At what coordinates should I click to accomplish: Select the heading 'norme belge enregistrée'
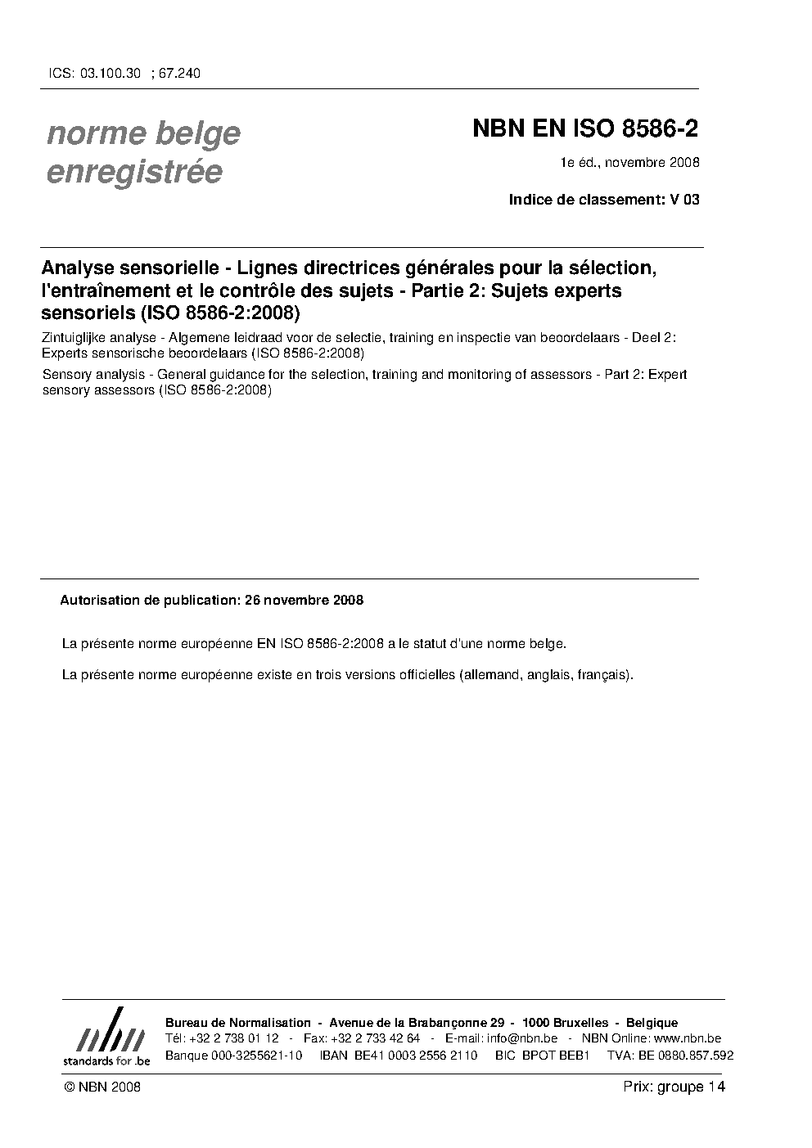(x=143, y=152)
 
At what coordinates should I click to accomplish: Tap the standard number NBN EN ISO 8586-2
(x=585, y=129)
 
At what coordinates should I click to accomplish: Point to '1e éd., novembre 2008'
(x=629, y=162)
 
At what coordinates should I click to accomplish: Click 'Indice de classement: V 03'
(x=604, y=199)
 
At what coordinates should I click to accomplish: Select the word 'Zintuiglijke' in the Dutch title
(x=76, y=340)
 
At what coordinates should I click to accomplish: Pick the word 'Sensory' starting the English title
(x=66, y=375)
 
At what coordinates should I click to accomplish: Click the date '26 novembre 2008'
(x=304, y=600)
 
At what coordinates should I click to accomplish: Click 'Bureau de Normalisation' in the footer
(x=238, y=1023)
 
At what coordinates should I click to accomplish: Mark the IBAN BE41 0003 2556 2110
(x=416, y=1055)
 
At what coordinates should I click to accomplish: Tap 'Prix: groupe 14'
(x=674, y=1087)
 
